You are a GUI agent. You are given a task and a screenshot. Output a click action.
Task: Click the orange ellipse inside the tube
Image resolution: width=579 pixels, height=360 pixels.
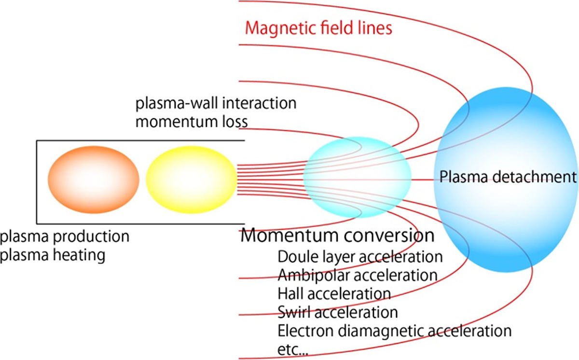pyautogui.click(x=93, y=180)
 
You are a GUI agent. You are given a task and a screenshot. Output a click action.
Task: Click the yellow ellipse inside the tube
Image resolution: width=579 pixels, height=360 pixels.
pyautogui.click(x=191, y=180)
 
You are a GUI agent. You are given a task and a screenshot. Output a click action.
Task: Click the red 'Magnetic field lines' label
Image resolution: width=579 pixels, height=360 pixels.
pyautogui.click(x=318, y=28)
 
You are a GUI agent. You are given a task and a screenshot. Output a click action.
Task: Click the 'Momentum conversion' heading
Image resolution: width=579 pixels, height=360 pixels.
pyautogui.click(x=337, y=236)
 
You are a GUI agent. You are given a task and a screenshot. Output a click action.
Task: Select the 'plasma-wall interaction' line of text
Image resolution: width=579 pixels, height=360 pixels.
pyautogui.click(x=216, y=103)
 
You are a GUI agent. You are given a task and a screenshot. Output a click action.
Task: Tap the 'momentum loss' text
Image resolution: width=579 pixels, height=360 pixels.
pyautogui.click(x=192, y=121)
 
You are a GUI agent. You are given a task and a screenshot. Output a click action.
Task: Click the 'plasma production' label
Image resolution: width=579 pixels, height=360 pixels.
pyautogui.click(x=65, y=237)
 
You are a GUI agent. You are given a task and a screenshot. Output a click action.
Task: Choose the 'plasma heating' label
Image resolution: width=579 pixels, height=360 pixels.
pyautogui.click(x=53, y=254)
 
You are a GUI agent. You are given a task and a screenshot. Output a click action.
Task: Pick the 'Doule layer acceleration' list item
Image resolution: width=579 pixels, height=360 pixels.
pyautogui.click(x=360, y=257)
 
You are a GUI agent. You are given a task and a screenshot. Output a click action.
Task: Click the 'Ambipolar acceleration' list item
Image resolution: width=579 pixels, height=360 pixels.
pyautogui.click(x=358, y=276)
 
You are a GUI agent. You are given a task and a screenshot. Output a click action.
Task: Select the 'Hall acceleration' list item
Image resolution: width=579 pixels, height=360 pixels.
pyautogui.click(x=334, y=293)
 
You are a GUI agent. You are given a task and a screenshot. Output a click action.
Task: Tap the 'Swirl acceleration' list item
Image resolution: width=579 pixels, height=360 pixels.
pyautogui.click(x=338, y=312)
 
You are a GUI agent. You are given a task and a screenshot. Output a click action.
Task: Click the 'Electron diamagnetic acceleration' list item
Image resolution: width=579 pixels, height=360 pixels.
pyautogui.click(x=394, y=331)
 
